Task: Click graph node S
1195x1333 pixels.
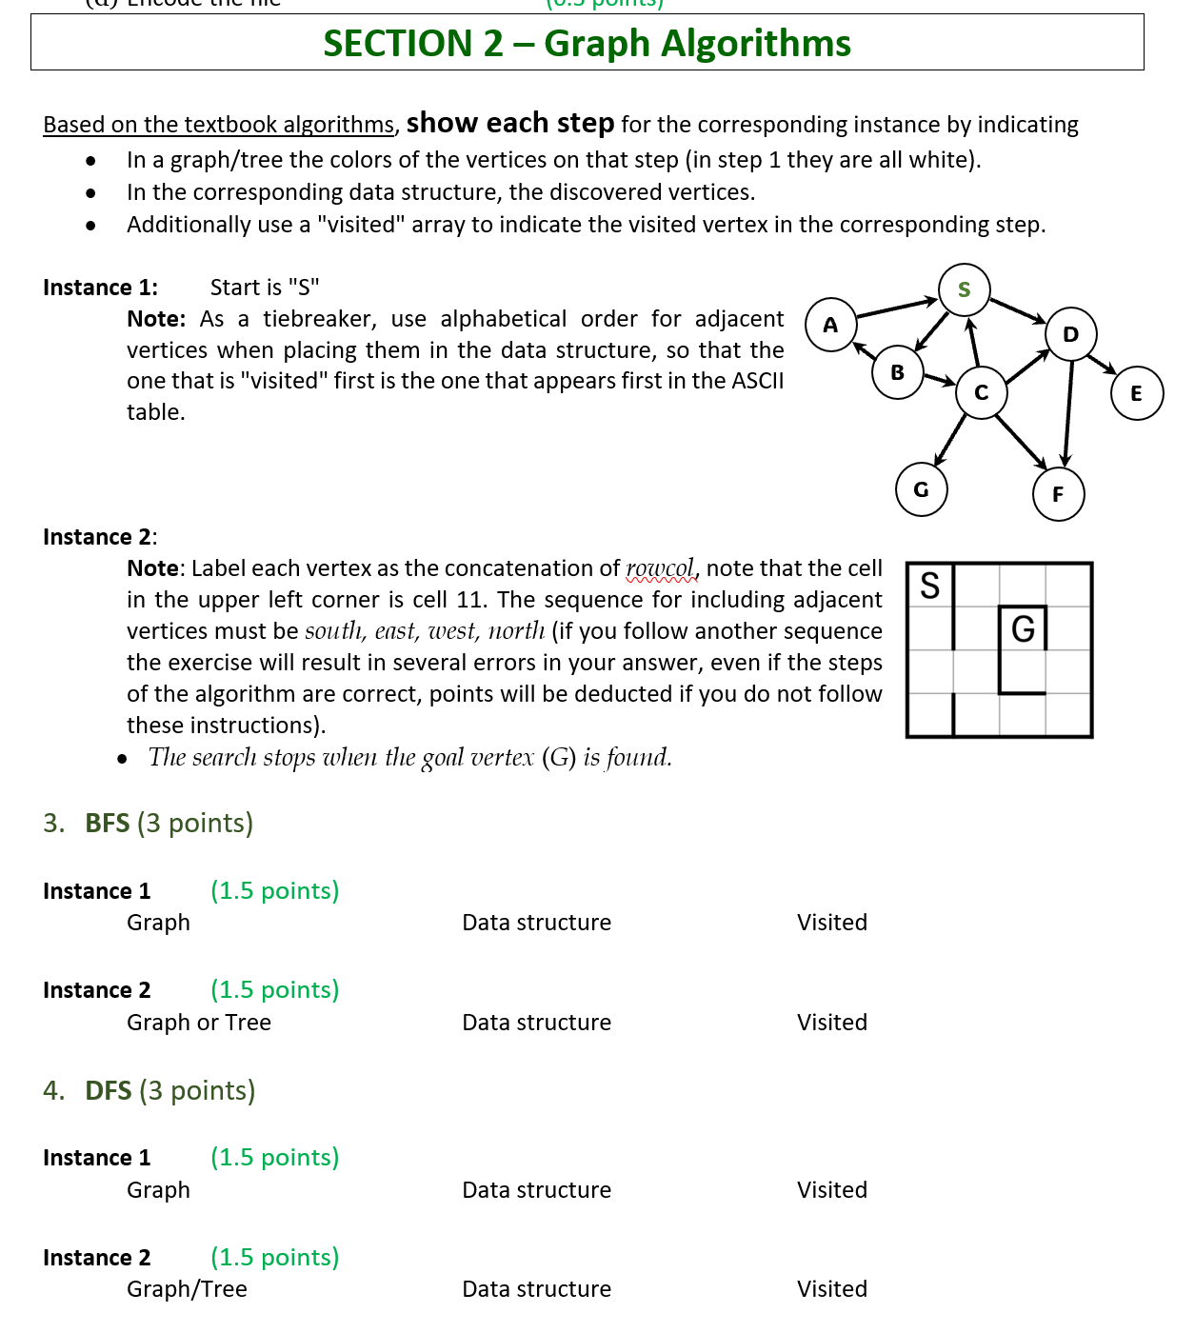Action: pyautogui.click(x=964, y=289)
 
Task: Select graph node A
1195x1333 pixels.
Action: pyautogui.click(x=830, y=325)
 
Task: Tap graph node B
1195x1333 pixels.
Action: pyautogui.click(x=897, y=372)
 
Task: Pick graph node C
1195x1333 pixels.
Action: pyautogui.click(x=981, y=392)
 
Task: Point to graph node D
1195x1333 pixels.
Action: pyautogui.click(x=1070, y=334)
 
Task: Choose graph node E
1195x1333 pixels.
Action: pyautogui.click(x=1136, y=393)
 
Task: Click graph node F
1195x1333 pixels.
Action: pyautogui.click(x=1058, y=494)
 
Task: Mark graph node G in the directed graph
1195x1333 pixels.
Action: pyautogui.click(x=921, y=489)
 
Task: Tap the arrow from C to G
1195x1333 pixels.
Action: pyautogui.click(x=950, y=440)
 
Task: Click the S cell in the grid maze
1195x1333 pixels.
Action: pyautogui.click(x=930, y=585)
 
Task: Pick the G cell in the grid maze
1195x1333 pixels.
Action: pyautogui.click(x=1023, y=628)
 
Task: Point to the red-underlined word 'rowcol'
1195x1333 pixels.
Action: pyautogui.click(x=660, y=568)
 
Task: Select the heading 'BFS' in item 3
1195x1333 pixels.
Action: pyautogui.click(x=107, y=823)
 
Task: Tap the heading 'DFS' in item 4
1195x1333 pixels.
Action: pyautogui.click(x=108, y=1090)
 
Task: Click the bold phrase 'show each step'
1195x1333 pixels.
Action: pyautogui.click(x=509, y=123)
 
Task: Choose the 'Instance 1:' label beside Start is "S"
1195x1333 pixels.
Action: pyautogui.click(x=100, y=288)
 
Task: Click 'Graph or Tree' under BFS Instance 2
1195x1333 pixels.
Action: pyautogui.click(x=199, y=1023)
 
